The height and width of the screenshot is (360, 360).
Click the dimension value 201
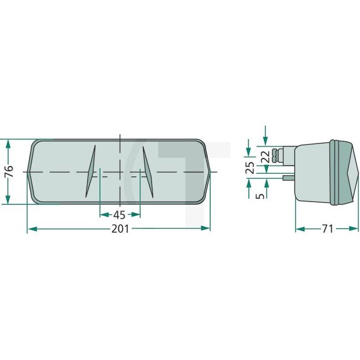click(120, 229)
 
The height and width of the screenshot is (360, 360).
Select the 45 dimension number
click(119, 215)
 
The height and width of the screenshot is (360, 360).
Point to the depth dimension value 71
click(327, 228)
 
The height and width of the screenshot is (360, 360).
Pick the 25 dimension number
click(250, 168)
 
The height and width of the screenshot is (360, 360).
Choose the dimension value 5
click(261, 195)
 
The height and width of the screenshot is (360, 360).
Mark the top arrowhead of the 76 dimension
click(8, 143)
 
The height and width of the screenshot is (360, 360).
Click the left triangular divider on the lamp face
click(91, 171)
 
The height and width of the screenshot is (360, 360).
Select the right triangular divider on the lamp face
click(147, 171)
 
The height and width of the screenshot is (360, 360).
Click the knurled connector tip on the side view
click(277, 156)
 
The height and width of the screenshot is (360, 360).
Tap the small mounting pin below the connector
click(288, 178)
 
